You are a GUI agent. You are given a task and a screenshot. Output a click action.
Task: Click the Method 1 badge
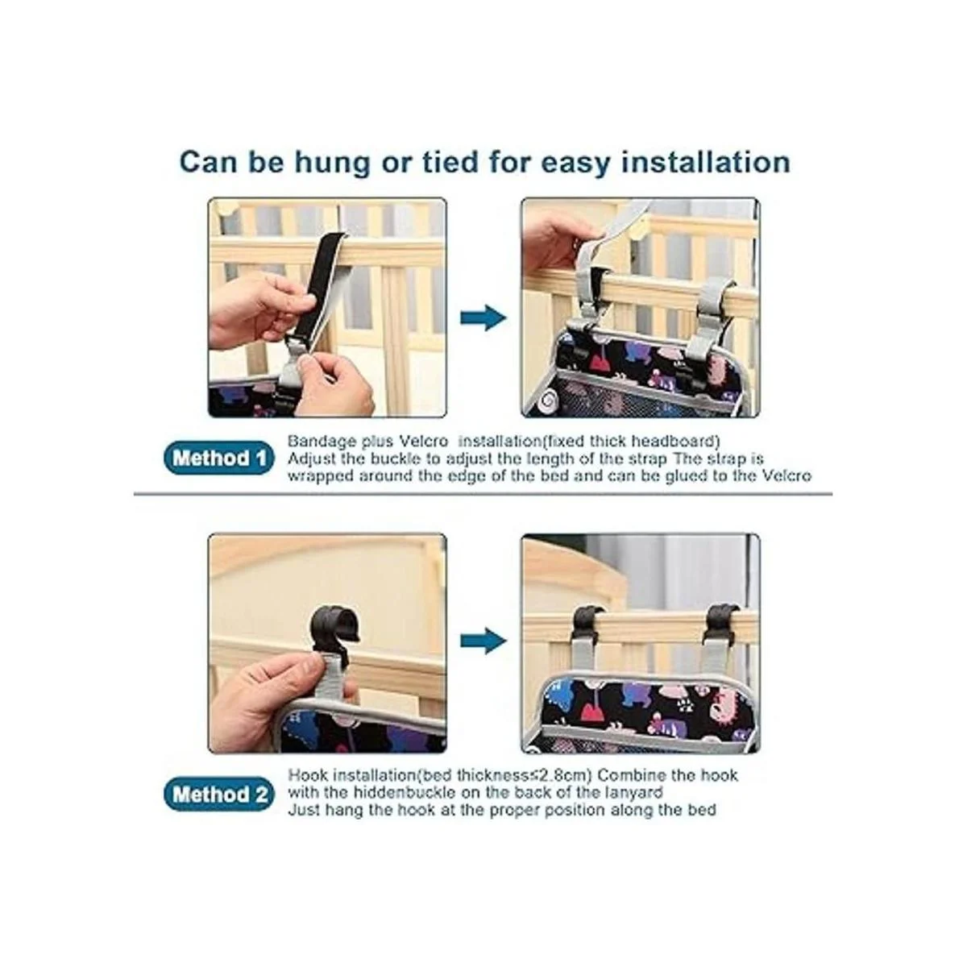(x=219, y=459)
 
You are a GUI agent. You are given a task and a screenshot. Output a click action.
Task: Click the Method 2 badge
(x=219, y=795)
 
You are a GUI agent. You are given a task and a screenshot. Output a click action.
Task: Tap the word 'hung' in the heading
(x=332, y=163)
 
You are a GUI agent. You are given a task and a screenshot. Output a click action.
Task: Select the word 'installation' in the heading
(x=706, y=162)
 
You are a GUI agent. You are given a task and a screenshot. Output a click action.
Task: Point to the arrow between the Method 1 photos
(x=483, y=317)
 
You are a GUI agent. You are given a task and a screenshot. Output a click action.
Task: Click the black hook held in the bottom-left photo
(x=334, y=631)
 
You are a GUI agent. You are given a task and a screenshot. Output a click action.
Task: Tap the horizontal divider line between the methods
(x=483, y=494)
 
